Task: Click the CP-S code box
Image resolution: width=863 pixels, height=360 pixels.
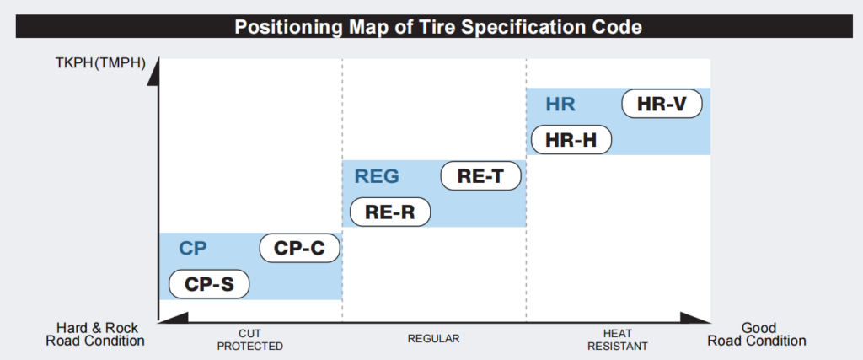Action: [x=209, y=284]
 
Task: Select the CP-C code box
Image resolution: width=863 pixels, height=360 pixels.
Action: [x=300, y=249]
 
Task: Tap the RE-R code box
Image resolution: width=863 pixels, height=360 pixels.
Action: [x=390, y=212]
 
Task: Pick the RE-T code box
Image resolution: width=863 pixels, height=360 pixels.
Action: [x=481, y=176]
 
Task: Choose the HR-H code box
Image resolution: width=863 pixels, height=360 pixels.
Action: [x=571, y=140]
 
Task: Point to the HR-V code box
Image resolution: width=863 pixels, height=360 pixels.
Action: [x=662, y=104]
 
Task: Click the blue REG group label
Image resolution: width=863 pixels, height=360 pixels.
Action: [x=377, y=176]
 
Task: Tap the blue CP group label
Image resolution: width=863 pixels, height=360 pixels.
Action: [x=193, y=249]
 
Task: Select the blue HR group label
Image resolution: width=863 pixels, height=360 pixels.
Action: [x=560, y=104]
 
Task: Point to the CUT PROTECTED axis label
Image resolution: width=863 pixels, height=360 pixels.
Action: [x=249, y=340]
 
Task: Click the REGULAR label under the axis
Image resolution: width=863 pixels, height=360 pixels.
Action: [x=434, y=338]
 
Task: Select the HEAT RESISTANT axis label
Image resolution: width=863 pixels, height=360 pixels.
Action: [x=618, y=340]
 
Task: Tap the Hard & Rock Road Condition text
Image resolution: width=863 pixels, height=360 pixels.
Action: [x=95, y=335]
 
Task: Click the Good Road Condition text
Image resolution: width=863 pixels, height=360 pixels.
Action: [x=757, y=335]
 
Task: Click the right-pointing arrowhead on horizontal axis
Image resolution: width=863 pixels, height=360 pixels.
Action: [x=695, y=317]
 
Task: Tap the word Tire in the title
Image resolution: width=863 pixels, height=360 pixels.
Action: [x=437, y=26]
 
